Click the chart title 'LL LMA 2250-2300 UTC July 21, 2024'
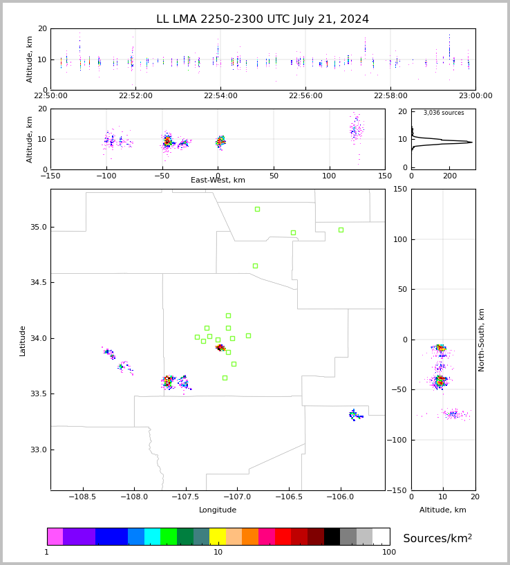coord(263,19)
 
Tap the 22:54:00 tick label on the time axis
coord(220,96)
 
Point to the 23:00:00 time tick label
coord(475,96)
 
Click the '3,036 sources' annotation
coord(444,113)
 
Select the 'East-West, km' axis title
coord(218,180)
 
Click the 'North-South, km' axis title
coord(482,340)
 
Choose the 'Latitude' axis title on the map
coord(23,340)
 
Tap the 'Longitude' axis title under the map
coord(218,510)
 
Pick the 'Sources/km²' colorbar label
coord(437,539)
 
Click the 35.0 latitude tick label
coord(38,227)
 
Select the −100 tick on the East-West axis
coord(106,176)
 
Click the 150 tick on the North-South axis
coord(419,189)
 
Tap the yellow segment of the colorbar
coord(218,537)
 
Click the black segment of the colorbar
coord(332,537)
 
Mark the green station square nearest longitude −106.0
coord(341,230)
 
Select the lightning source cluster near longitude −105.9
coord(355,415)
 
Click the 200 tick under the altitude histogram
coord(450,176)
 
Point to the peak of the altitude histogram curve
coord(471,142)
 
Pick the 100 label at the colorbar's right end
coord(389,553)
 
